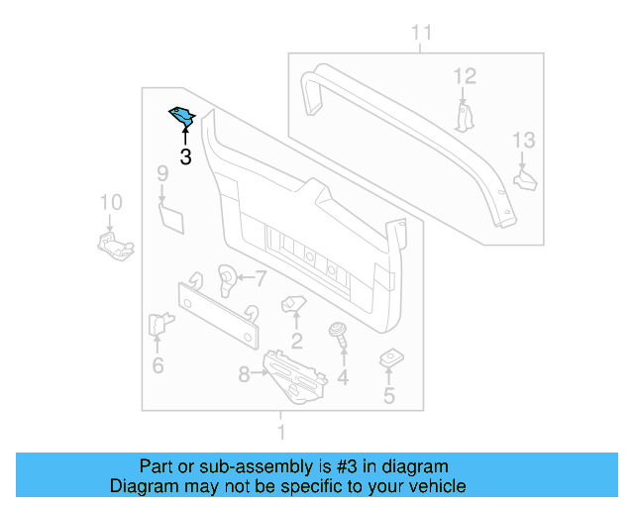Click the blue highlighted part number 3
(x=183, y=118)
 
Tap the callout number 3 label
(x=185, y=156)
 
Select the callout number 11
(x=422, y=35)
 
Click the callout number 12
(x=465, y=76)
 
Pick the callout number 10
(x=111, y=203)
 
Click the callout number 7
(x=261, y=277)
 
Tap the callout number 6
(x=158, y=366)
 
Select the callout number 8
(x=245, y=374)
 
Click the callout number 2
(x=296, y=343)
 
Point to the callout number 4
(x=343, y=377)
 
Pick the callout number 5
(x=388, y=397)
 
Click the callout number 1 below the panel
(x=281, y=433)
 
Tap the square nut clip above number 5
(x=388, y=357)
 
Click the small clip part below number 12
(x=466, y=115)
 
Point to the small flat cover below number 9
(x=171, y=218)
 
